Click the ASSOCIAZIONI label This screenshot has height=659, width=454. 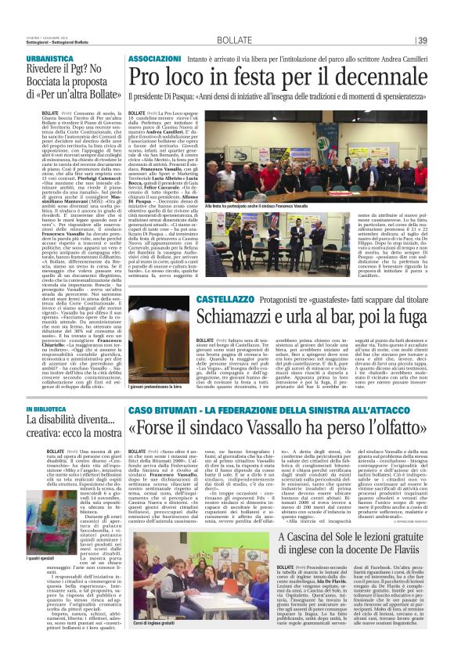(157, 37)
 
